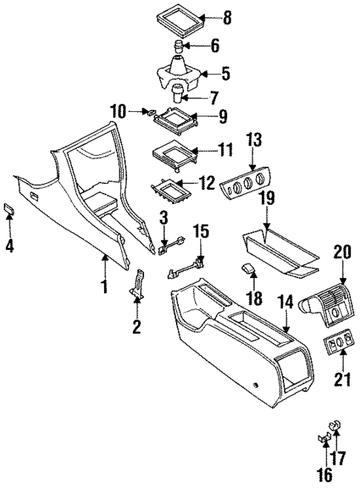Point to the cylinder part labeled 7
179,94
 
